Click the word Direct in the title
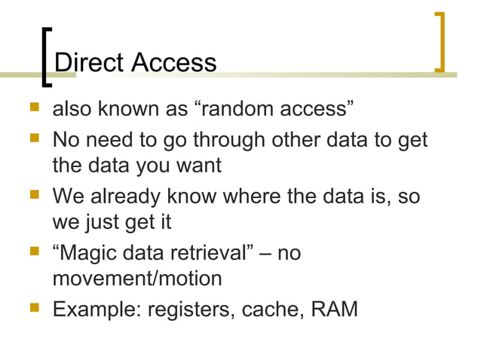(x=90, y=62)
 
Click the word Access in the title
(x=173, y=62)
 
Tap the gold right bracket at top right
(x=440, y=42)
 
